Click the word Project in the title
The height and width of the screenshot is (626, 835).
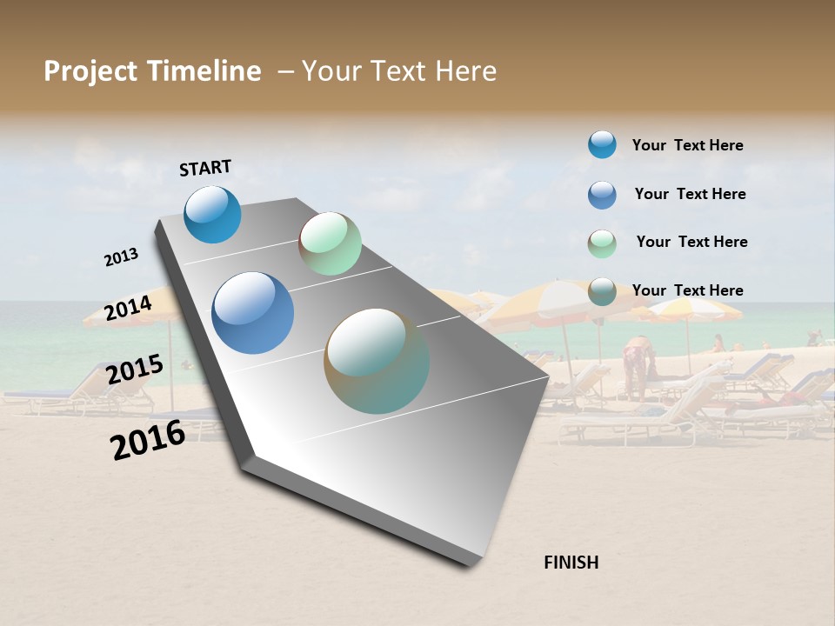[x=91, y=71]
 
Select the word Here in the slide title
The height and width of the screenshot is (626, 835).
[x=465, y=71]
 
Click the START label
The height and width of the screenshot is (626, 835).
[x=205, y=168]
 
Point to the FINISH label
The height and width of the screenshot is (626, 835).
[x=571, y=563]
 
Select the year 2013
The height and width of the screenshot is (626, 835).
[x=121, y=257]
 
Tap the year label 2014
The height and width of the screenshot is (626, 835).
[x=129, y=308]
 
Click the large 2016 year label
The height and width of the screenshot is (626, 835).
[x=148, y=440]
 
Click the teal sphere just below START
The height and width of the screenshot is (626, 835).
[x=212, y=215]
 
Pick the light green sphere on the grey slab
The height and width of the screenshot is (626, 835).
[x=330, y=243]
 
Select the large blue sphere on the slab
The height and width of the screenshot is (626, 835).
[x=252, y=313]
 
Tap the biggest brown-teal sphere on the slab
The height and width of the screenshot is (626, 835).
[x=377, y=361]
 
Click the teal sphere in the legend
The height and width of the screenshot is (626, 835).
[x=602, y=144]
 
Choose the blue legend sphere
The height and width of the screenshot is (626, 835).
[x=602, y=195]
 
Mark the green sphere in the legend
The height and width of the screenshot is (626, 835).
[x=602, y=243]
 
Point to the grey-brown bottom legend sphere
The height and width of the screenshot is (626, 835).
[x=602, y=291]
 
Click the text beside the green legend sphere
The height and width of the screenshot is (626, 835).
[x=691, y=242]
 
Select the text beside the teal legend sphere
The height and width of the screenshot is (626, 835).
[x=687, y=145]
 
